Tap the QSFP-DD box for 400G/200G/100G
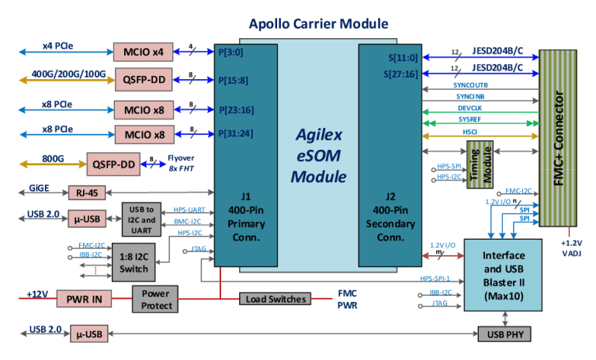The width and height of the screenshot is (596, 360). click(140, 78)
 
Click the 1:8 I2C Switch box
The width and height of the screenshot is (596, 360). click(134, 263)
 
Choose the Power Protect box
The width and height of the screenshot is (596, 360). click(155, 299)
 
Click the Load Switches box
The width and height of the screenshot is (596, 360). click(275, 299)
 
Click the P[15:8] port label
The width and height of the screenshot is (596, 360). click(234, 80)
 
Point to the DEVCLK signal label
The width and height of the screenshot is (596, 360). click(481, 109)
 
